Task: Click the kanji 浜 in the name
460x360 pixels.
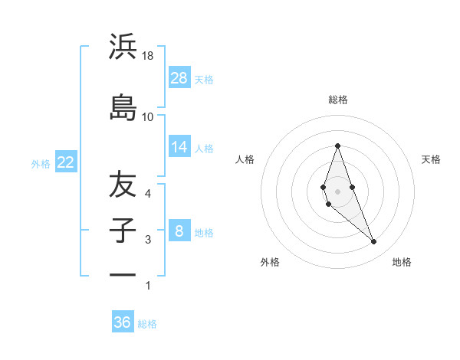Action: coord(123,47)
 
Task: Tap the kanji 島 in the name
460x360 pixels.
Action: coord(123,106)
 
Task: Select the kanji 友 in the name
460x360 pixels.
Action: coord(123,185)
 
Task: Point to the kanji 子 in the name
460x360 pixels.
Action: coord(123,231)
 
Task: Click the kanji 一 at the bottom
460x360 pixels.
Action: coord(123,273)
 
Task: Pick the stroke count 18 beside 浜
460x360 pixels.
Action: coord(147,56)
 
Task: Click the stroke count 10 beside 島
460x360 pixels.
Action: coord(147,116)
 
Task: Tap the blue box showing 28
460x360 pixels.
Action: coord(179,78)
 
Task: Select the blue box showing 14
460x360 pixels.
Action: coord(179,147)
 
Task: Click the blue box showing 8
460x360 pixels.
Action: coord(179,231)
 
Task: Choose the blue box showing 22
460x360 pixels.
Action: coord(65,162)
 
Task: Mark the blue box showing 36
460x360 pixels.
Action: coord(123,322)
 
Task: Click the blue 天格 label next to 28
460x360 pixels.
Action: coord(204,79)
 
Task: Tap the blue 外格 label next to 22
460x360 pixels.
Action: coord(41,163)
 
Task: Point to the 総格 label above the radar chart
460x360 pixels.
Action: coord(337,100)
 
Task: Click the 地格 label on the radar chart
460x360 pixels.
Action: coord(402,262)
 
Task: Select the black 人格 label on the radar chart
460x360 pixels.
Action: coord(245,159)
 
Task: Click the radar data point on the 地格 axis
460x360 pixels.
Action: coord(373,242)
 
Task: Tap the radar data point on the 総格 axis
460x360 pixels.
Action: coord(337,146)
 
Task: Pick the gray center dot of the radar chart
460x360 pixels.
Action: coord(337,191)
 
